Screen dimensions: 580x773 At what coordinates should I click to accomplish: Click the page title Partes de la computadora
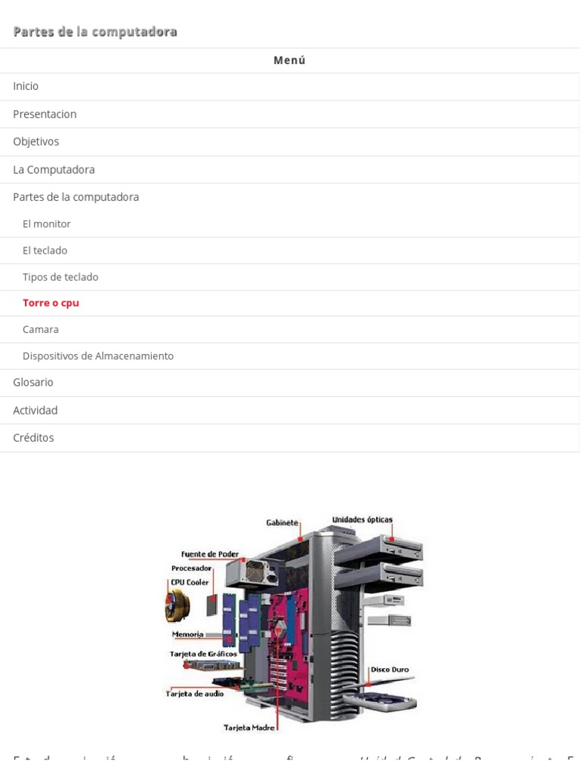95,32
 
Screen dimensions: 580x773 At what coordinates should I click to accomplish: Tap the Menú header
289,60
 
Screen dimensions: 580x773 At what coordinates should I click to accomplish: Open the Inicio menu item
26,86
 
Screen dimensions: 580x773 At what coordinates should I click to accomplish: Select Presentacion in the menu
45,114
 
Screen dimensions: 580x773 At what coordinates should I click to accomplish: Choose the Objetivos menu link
35,141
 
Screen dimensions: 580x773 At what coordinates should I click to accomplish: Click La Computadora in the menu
54,169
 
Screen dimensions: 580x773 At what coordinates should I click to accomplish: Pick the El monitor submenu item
46,223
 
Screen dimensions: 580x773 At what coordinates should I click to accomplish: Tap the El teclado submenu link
45,250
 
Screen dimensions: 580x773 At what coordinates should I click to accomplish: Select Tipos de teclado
60,277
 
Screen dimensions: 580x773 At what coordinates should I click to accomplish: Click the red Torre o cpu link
51,303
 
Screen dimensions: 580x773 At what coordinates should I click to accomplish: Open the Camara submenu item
41,329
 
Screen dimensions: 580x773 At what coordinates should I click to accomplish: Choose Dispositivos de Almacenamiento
98,356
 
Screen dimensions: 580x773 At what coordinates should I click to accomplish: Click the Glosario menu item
33,382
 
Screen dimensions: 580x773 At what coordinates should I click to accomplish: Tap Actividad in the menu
35,410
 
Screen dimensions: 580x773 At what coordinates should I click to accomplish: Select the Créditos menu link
33,437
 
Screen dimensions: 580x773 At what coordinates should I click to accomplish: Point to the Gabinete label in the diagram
282,522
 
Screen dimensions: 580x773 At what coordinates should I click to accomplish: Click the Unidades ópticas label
362,519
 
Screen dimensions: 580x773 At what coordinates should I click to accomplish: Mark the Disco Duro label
390,669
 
